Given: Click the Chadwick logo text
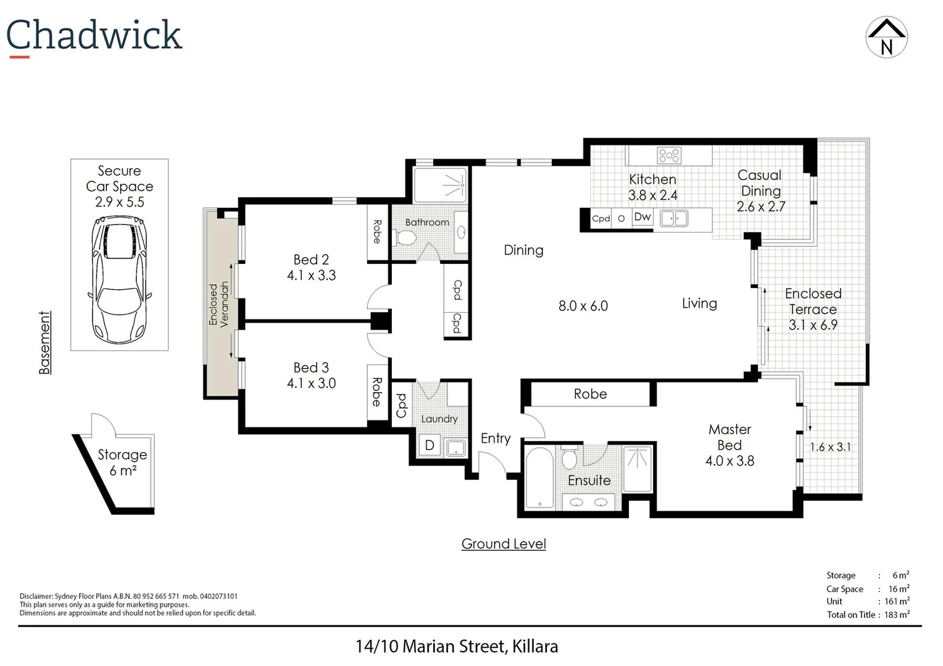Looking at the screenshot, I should (x=94, y=35).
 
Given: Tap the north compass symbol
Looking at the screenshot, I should (x=886, y=38).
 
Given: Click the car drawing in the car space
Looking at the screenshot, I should (x=119, y=279).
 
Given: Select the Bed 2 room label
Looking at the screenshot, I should (x=311, y=260).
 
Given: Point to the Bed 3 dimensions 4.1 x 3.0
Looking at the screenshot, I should (x=311, y=384).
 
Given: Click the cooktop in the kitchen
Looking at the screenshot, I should (x=668, y=155).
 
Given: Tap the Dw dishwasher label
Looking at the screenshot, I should (x=642, y=217).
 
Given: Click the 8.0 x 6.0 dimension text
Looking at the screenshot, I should (x=583, y=306).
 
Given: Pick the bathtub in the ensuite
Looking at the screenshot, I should (x=539, y=478).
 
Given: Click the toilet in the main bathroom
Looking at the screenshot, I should (x=406, y=237).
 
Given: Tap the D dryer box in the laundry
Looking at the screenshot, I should (x=430, y=445).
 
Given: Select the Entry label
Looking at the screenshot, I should (x=496, y=438).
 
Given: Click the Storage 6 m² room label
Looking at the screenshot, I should (x=122, y=462).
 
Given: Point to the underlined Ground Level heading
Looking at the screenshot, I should (x=504, y=544).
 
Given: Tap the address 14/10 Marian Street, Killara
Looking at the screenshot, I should (x=457, y=646).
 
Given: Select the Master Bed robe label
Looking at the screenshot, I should (x=590, y=394).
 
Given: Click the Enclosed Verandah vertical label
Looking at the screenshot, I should (x=218, y=303).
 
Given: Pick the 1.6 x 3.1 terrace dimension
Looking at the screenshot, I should (x=830, y=447).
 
